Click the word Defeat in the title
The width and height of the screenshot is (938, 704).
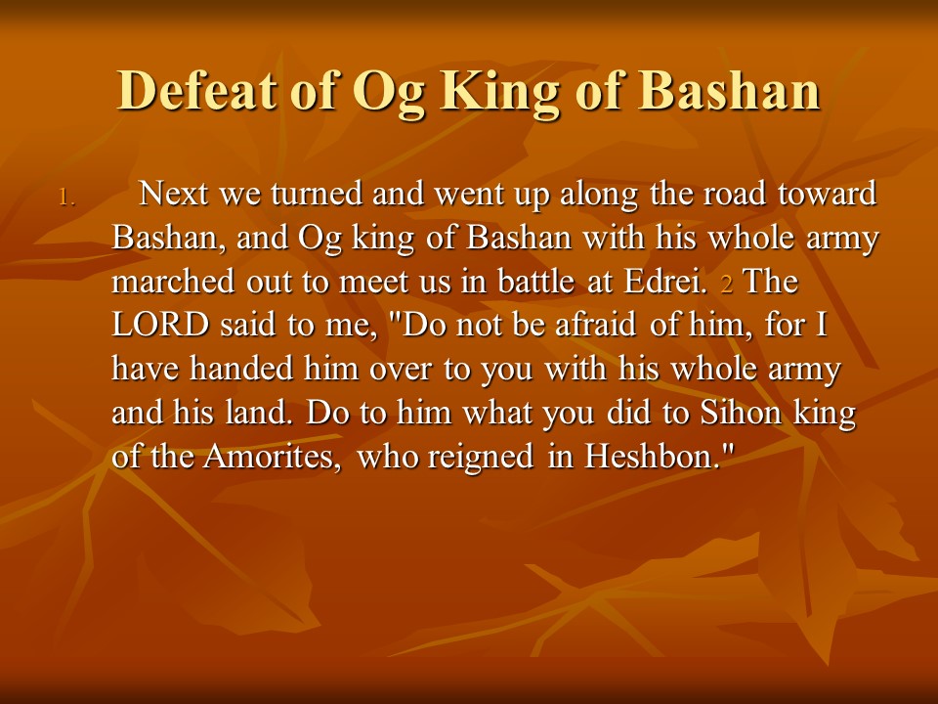point(196,90)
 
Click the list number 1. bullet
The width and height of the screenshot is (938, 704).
point(67,198)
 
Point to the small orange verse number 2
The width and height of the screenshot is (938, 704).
point(727,284)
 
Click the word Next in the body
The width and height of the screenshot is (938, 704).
point(174,194)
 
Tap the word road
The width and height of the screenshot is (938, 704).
point(734,194)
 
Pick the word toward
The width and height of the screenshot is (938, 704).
point(828,194)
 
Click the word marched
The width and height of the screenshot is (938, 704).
point(174,282)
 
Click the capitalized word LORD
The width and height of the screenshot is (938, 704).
point(160,325)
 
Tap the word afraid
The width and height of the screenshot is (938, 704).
point(595,325)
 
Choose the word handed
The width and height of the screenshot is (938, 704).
point(241,369)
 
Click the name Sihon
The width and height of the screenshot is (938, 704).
point(741,413)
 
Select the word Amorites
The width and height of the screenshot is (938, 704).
point(274,457)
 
